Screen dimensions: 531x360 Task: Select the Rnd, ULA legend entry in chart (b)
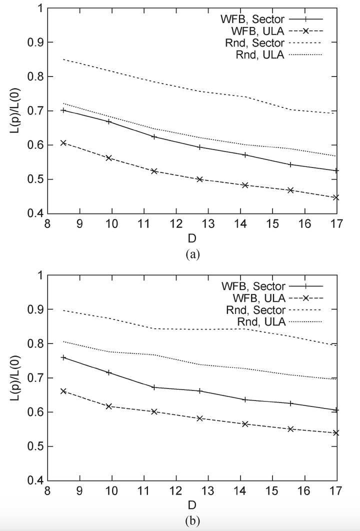tap(260, 322)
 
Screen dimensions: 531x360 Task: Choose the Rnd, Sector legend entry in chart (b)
tap(255, 310)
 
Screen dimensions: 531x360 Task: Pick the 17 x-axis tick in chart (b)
tap(336, 490)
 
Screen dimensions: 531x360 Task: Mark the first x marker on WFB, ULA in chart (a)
tap(63, 142)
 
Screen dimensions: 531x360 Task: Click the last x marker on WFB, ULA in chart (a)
tap(336, 197)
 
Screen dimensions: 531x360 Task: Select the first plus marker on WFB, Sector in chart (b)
tap(63, 357)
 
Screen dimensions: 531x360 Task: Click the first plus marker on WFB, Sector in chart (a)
tap(63, 110)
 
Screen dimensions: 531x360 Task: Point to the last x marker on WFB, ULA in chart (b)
tap(336, 432)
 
